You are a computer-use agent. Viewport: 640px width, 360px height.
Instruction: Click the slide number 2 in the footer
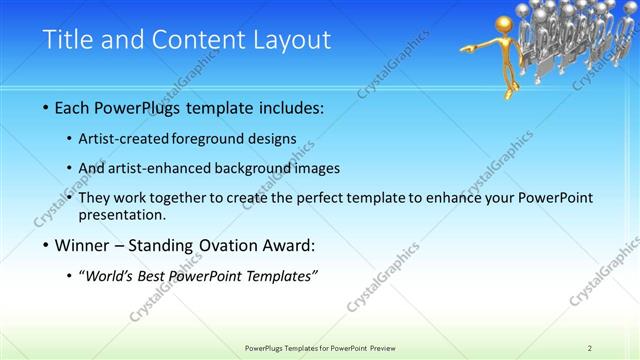[590, 347]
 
